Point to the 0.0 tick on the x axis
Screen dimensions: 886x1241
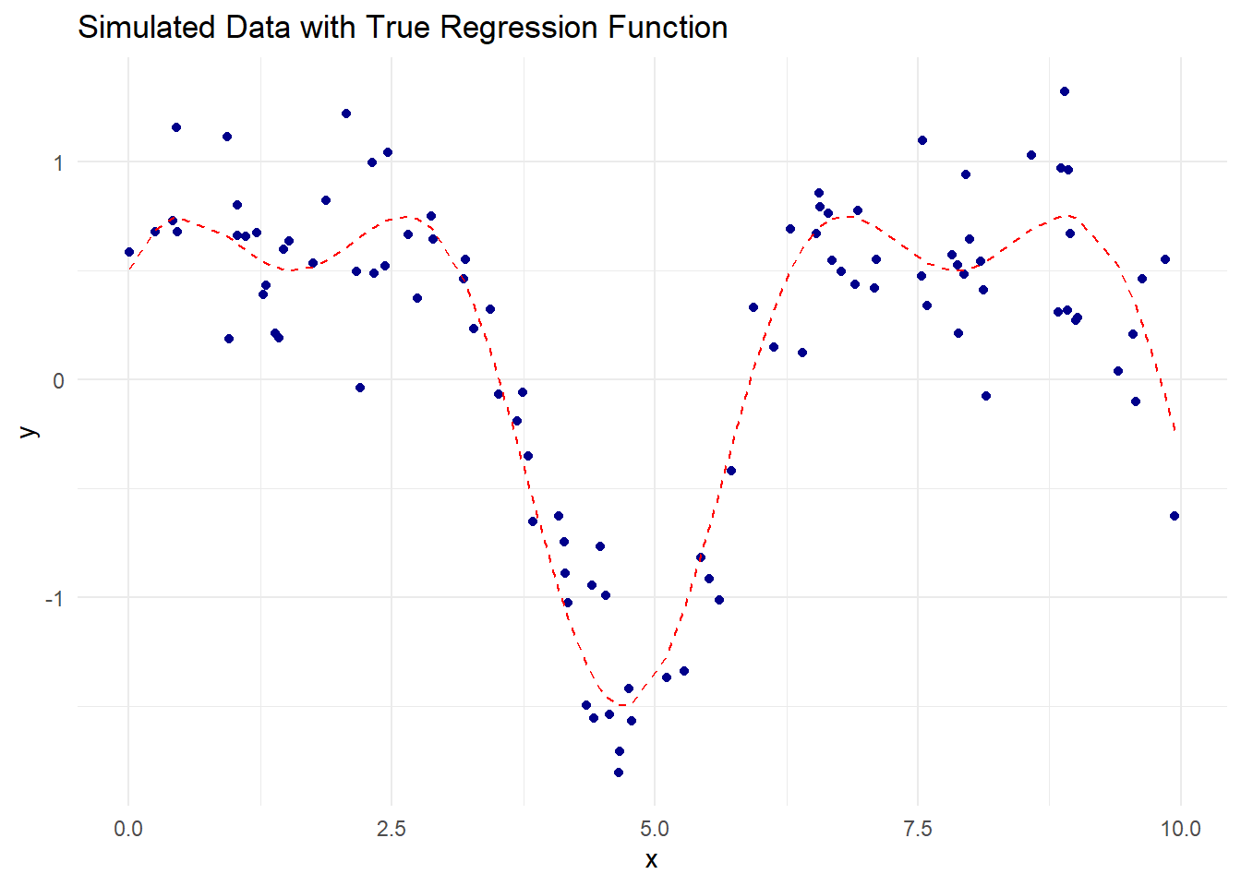128,828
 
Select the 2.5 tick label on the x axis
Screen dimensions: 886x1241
392,828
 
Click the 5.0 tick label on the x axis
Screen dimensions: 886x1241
655,828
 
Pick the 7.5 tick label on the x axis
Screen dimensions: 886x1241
917,828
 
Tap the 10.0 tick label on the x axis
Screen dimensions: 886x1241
1180,828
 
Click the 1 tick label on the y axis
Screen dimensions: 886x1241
59,163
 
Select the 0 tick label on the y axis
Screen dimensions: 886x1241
59,380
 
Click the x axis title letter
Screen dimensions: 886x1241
652,860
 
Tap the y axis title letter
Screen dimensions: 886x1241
30,431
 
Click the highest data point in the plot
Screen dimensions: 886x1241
1065,91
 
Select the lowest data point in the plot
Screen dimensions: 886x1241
619,772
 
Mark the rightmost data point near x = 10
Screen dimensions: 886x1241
1175,516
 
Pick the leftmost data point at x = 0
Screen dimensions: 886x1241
129,252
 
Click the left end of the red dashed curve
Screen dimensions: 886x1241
130,269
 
